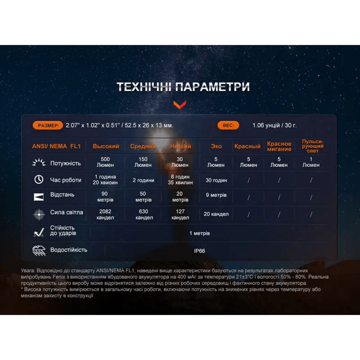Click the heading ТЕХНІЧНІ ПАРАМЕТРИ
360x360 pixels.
coord(183,87)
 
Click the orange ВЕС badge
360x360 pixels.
coord(228,125)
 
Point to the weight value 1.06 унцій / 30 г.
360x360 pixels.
coord(275,125)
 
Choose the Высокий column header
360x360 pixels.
coord(106,146)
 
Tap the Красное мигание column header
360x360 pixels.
coord(279,146)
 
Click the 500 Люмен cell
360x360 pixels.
coord(105,162)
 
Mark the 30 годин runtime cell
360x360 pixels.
coord(216,180)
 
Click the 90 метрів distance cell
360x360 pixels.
coord(105,197)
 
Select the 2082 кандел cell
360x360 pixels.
coord(105,215)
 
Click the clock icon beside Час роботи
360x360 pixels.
coord(39,180)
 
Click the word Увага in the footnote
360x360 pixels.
coord(29,270)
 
